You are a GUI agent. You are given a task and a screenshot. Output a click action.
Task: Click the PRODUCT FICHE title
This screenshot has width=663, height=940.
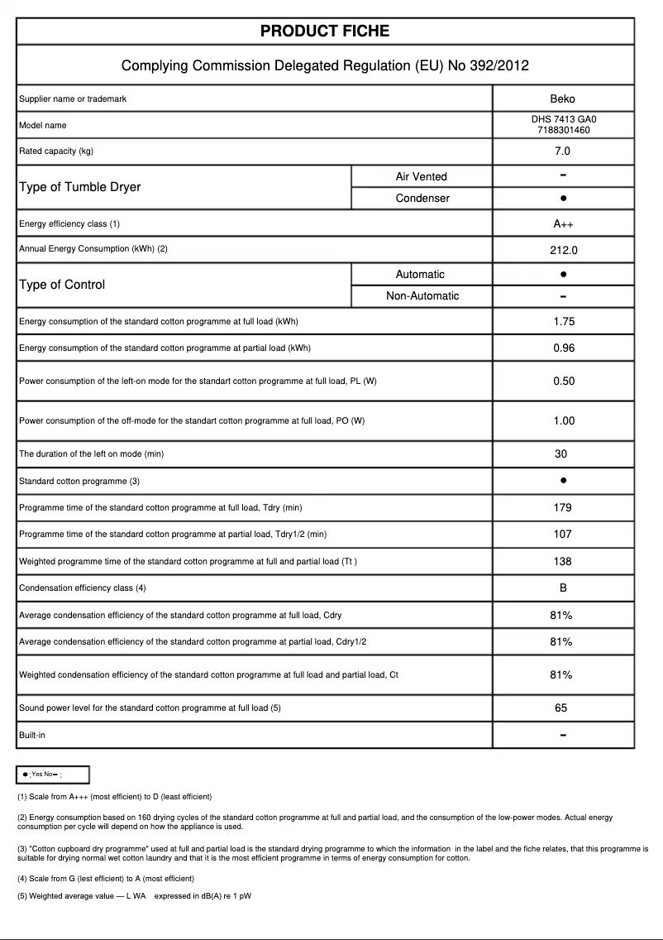[325, 31]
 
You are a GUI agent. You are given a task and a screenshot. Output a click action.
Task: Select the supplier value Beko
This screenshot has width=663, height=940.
[562, 99]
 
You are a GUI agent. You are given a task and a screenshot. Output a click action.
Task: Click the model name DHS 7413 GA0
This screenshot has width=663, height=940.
[562, 119]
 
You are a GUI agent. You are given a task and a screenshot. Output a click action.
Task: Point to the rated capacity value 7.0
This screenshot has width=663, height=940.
[562, 151]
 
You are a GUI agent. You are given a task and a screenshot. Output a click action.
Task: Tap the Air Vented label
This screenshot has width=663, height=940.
[421, 176]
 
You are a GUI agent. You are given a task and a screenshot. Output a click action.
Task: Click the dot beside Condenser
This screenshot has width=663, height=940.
[562, 199]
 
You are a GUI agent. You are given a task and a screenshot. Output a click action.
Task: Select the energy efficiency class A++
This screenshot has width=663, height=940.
[562, 224]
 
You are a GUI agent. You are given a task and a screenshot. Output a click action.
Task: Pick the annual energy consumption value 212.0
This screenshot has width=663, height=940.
[562, 250]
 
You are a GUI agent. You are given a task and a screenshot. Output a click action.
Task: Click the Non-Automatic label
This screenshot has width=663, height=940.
[422, 296]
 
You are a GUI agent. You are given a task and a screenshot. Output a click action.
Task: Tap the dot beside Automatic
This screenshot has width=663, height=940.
[562, 274]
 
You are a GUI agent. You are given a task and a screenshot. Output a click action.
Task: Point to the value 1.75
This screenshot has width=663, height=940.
[563, 322]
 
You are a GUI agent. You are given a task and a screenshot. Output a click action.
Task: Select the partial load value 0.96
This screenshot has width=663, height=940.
[563, 348]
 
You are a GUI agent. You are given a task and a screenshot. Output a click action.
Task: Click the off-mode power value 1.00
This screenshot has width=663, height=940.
[563, 421]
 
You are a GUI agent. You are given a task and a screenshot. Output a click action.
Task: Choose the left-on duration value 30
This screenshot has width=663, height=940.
[561, 454]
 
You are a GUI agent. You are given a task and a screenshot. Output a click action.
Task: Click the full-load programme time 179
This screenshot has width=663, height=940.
[562, 508]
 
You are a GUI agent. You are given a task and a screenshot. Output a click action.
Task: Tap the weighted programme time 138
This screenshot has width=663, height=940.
[562, 562]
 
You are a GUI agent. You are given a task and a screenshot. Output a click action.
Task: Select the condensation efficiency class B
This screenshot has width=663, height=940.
[562, 588]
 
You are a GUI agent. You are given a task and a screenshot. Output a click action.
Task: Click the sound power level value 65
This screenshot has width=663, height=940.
[561, 708]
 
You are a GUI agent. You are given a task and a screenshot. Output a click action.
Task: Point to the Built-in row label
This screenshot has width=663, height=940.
[32, 735]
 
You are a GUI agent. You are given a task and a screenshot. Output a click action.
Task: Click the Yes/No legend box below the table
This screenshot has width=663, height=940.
[53, 775]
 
